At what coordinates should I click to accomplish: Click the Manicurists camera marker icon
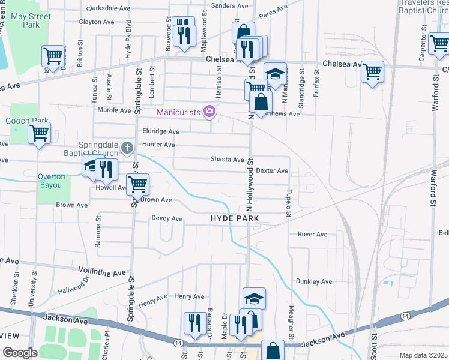click(x=209, y=111)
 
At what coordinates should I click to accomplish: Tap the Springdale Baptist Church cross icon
click(x=127, y=147)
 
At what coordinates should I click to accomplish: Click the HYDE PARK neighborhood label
click(x=235, y=218)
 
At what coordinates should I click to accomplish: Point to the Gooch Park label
click(x=22, y=121)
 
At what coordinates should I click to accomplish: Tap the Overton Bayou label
click(x=50, y=181)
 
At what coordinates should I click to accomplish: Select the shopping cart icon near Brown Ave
click(x=138, y=184)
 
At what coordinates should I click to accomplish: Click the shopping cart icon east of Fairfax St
click(x=373, y=71)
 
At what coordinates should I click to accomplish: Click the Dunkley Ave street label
click(x=313, y=281)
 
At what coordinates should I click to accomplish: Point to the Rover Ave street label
click(x=312, y=234)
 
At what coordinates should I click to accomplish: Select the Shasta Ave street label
click(x=227, y=160)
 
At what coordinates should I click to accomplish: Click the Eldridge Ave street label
click(x=161, y=131)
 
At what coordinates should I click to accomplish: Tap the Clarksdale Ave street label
click(x=109, y=9)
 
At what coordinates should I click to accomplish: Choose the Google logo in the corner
click(x=20, y=353)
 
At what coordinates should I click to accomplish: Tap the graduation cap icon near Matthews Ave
click(x=275, y=73)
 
